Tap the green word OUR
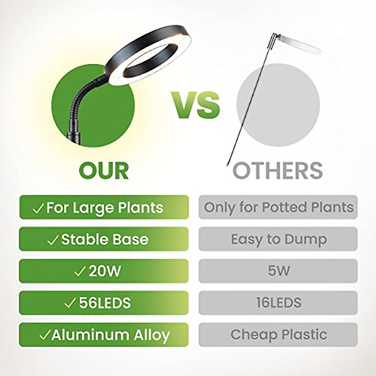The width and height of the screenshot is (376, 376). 104,171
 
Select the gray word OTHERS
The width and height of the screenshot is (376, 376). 278,171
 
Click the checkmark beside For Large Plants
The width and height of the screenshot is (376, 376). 38,208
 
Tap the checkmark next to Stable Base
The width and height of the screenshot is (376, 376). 53,240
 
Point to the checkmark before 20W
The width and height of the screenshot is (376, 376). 80,272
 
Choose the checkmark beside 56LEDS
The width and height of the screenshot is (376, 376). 70,303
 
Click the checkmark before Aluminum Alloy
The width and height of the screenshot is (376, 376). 45,335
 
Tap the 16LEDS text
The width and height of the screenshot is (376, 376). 279,303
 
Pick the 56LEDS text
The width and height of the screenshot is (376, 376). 105,303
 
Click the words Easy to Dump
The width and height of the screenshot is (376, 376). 279,240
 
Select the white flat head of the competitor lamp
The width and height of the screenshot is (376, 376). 300,43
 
